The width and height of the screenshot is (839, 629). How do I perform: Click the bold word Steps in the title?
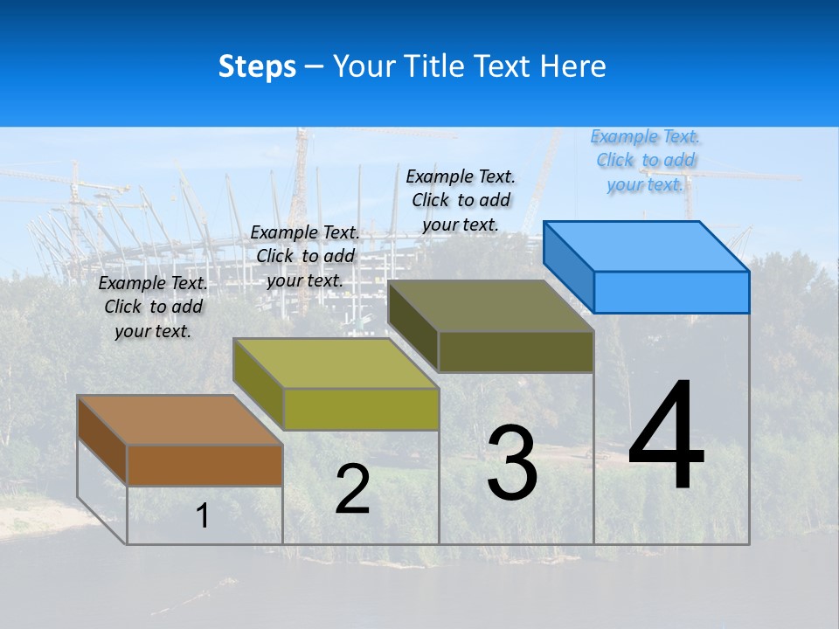257,66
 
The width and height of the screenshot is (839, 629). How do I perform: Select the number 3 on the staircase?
512,463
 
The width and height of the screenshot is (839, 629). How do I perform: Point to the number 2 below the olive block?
352,489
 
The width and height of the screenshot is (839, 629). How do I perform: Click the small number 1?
203,515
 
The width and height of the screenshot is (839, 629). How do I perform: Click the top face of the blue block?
647,245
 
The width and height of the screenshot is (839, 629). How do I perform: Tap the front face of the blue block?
671,292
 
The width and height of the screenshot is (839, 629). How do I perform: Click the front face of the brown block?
205,466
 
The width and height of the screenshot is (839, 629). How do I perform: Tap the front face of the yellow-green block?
361,409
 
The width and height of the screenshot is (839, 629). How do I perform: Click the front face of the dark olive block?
516,351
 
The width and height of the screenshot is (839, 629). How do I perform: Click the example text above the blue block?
645,161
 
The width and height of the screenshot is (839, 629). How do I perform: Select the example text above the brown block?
153,308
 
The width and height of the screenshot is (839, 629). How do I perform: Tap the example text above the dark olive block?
461,200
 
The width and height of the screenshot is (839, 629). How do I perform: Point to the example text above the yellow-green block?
305,256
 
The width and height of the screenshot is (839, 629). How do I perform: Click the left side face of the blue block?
568,266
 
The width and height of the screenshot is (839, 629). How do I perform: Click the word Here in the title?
575,66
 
